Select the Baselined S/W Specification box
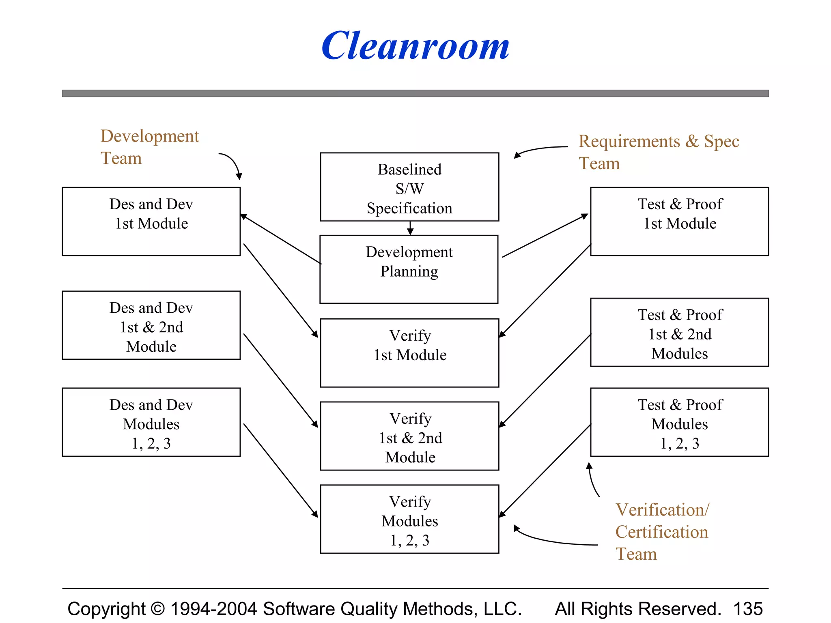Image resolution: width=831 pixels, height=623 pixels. [x=409, y=187]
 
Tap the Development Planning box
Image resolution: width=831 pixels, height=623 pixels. [x=409, y=269]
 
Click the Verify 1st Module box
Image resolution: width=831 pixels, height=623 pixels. [x=409, y=352]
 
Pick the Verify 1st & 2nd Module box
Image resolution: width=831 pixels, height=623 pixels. [x=409, y=436]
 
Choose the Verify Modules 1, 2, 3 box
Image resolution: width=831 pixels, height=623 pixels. [x=409, y=519]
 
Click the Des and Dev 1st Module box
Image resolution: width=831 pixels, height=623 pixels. [x=151, y=221]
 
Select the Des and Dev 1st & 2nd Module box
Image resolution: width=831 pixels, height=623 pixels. [x=151, y=325]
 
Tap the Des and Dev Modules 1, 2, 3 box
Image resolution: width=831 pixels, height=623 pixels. [x=151, y=422]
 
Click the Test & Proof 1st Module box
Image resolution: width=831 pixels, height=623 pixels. [x=680, y=221]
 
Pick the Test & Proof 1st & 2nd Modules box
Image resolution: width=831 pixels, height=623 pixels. [x=680, y=333]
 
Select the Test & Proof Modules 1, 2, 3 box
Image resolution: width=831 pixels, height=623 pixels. [x=680, y=422]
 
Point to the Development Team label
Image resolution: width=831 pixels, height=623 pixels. [x=149, y=147]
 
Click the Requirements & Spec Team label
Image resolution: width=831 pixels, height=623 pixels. [x=658, y=152]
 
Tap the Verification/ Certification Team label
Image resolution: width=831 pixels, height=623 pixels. [x=662, y=531]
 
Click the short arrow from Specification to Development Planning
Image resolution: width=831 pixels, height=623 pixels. [x=410, y=228]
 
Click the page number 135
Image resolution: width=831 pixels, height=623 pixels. [x=748, y=609]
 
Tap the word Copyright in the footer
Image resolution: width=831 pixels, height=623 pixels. [x=106, y=609]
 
